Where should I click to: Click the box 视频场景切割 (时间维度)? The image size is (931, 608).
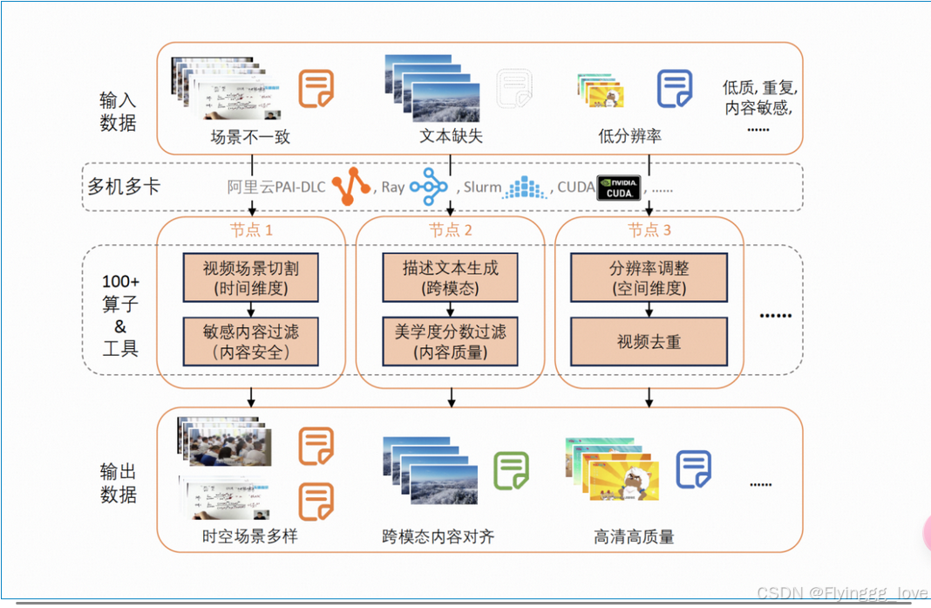(x=251, y=277)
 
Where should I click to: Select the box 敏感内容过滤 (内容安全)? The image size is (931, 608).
(x=251, y=341)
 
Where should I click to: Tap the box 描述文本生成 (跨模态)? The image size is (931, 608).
(x=450, y=277)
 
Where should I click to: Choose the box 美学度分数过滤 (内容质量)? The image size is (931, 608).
(x=450, y=341)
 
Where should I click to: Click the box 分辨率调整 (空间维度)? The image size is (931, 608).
(x=649, y=277)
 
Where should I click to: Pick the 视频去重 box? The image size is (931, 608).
(x=649, y=341)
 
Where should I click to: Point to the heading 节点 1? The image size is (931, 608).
(x=251, y=230)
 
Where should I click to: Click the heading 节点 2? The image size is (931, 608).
(x=451, y=230)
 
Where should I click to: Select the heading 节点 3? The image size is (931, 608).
(x=649, y=230)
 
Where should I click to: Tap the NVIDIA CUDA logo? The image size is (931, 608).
(x=619, y=188)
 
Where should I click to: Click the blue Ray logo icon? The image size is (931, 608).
(x=429, y=187)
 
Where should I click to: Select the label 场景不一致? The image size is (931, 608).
(x=250, y=136)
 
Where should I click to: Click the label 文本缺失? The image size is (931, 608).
(x=451, y=136)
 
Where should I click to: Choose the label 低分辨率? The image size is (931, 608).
(x=629, y=136)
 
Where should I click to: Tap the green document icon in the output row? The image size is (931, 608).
(x=512, y=470)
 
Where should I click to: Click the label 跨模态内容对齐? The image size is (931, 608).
(x=438, y=536)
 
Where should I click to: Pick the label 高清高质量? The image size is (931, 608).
(x=635, y=536)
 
